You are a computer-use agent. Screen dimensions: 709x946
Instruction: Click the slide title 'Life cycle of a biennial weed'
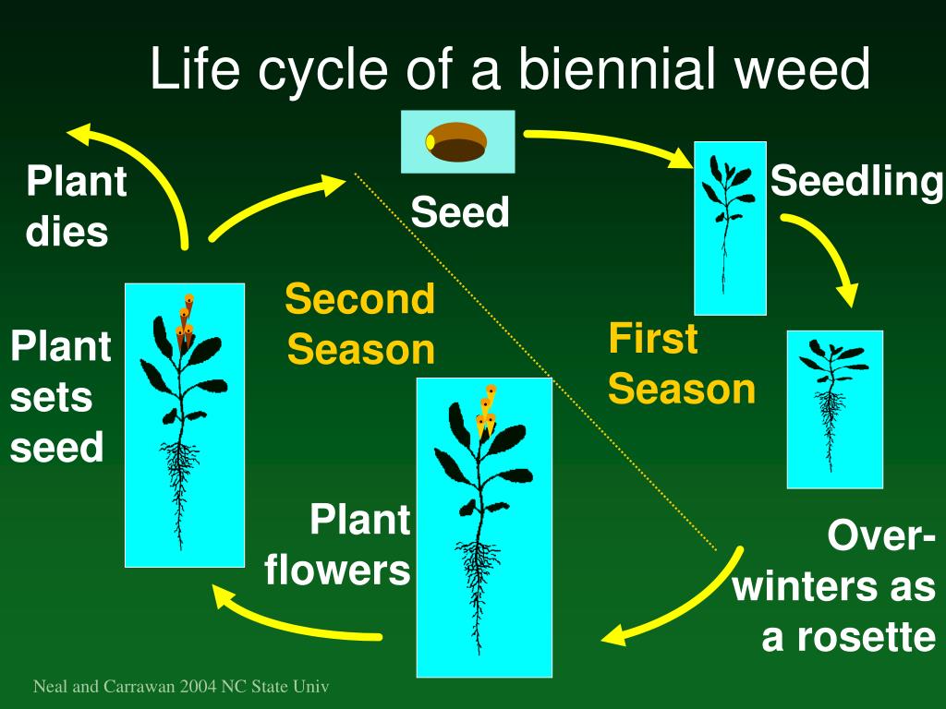pyautogui.click(x=510, y=71)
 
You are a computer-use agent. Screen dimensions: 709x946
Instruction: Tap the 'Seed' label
pyautogui.click(x=460, y=212)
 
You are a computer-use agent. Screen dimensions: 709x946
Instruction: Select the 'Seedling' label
pyautogui.click(x=855, y=181)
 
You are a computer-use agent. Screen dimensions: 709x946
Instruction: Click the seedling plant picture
pyautogui.click(x=729, y=226)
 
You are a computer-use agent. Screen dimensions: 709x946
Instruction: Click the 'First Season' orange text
pyautogui.click(x=681, y=364)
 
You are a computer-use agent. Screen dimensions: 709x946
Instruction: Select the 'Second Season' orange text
pyautogui.click(x=359, y=324)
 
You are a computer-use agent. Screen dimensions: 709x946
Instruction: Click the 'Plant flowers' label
pyautogui.click(x=337, y=545)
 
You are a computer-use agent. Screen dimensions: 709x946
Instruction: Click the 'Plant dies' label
pyautogui.click(x=76, y=206)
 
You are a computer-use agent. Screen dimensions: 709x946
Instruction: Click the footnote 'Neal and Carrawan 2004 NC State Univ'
pyautogui.click(x=181, y=687)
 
